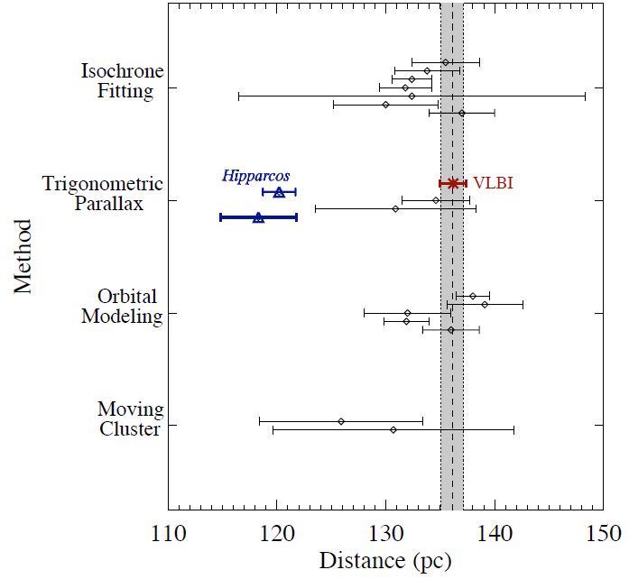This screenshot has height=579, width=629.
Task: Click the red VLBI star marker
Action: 453,183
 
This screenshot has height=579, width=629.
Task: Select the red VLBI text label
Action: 493,183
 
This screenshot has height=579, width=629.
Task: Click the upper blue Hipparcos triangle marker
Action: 279,192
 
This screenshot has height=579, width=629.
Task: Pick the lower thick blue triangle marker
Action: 258,217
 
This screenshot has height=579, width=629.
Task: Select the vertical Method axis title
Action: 23,254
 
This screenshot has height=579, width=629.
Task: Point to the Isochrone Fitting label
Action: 116,80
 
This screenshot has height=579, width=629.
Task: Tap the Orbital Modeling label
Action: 121,306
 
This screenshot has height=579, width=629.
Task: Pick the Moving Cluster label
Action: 129,418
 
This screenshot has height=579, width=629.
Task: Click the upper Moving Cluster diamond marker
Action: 341,421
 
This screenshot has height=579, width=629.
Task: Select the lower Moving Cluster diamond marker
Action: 393,429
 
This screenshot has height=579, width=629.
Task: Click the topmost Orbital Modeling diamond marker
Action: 473,296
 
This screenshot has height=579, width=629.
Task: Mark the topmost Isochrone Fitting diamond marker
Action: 445,62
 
